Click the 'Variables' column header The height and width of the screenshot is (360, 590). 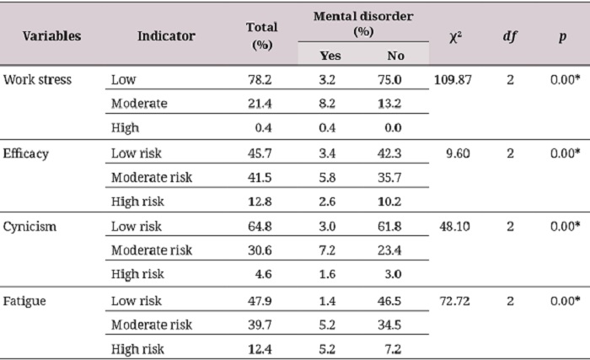51,36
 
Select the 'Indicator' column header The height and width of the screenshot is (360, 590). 166,36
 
